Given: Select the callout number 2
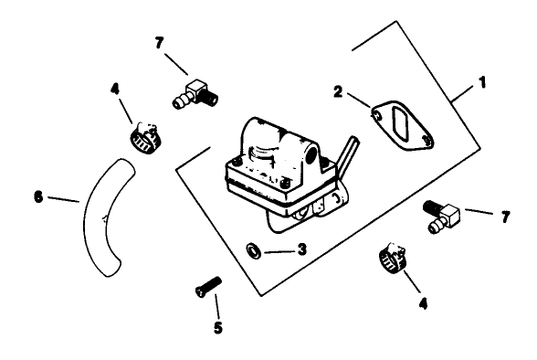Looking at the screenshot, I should point(337,92).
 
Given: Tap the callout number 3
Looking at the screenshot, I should point(301,249).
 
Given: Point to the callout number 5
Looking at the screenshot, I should point(217,326).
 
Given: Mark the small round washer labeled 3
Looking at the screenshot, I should point(251,248).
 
